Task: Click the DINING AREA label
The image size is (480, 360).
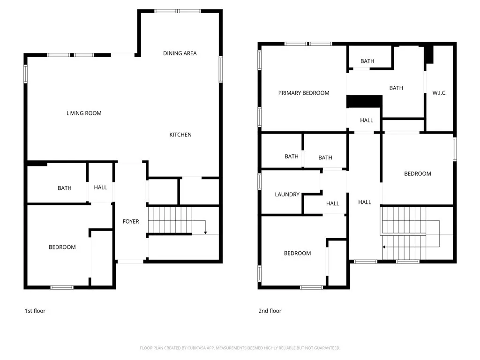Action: [180, 53]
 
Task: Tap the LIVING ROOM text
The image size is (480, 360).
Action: [84, 113]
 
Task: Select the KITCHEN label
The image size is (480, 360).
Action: [180, 135]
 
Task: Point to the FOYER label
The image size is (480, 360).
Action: [131, 222]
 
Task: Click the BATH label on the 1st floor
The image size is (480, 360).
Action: [65, 188]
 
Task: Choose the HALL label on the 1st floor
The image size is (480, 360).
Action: [100, 187]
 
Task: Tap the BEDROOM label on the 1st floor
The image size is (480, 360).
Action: [62, 247]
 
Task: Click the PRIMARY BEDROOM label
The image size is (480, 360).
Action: [304, 93]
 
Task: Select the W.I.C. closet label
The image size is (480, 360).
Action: [439, 93]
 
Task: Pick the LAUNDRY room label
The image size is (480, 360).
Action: [287, 195]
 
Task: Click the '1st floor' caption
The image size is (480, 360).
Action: [35, 311]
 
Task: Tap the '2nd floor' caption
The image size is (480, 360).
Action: [270, 311]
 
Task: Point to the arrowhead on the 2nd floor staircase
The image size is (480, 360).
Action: [384, 247]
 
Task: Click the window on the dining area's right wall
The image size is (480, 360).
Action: [220, 69]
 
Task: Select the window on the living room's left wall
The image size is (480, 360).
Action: [26, 74]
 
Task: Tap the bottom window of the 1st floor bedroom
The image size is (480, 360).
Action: [62, 287]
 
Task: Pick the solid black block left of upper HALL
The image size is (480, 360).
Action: [364, 101]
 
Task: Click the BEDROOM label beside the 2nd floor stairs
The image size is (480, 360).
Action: [418, 174]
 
